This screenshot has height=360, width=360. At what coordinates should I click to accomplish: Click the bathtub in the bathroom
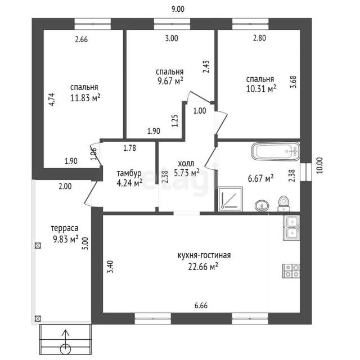tap(276, 151)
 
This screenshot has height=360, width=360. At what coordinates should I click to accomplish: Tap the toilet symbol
tap(283, 204)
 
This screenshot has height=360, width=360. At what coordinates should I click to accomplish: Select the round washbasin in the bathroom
tap(262, 205)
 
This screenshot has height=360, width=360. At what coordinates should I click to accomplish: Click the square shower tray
tap(230, 199)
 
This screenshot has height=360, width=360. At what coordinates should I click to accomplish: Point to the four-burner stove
tap(291, 271)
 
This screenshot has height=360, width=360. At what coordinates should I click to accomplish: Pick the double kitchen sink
tap(291, 228)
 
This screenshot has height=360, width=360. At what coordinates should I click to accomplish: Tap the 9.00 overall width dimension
tap(178, 9)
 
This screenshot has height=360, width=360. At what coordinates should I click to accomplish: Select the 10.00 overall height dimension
tap(319, 165)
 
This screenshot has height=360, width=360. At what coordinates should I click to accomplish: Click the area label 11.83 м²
tap(85, 98)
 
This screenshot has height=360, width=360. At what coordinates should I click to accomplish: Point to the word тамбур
tap(129, 174)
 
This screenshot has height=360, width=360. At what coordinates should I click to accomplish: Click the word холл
tap(186, 164)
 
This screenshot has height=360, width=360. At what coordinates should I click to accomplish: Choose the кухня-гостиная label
tap(204, 255)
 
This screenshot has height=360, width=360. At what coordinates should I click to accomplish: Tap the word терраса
tap(65, 228)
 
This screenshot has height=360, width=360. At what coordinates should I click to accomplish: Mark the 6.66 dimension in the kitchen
tap(201, 305)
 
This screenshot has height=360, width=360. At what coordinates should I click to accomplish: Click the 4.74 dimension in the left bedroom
tap(52, 99)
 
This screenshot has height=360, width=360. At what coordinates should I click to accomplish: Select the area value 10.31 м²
tap(261, 89)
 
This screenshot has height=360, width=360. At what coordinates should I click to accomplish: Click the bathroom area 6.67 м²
tap(260, 178)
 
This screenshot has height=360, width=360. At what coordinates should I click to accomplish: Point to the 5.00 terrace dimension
tap(85, 244)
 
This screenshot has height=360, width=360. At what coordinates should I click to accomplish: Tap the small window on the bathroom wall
tap(306, 172)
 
